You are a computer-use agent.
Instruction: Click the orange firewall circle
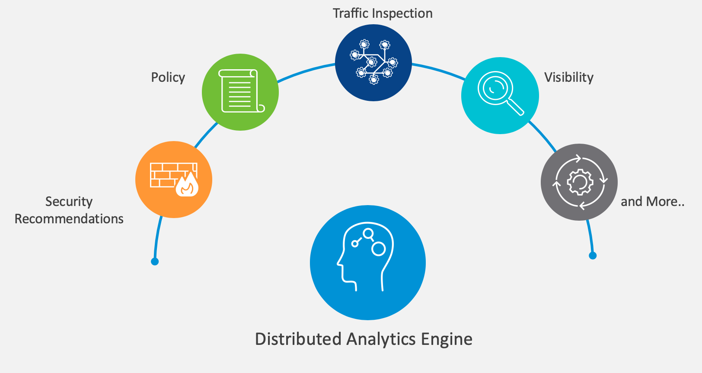[174, 180]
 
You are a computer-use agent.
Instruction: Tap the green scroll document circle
[240, 92]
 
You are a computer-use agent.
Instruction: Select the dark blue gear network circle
[373, 63]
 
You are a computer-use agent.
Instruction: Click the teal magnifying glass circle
[500, 96]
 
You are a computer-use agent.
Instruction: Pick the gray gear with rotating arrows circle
[579, 182]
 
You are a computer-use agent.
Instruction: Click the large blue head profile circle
[368, 263]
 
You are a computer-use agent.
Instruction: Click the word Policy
[168, 77]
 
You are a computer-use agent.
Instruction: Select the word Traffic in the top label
[350, 13]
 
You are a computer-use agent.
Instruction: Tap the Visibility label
[568, 77]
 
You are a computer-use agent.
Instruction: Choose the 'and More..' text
[652, 202]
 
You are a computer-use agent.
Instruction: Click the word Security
[69, 202]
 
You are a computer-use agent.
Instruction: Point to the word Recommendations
[69, 219]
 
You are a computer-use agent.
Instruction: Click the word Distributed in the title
[298, 339]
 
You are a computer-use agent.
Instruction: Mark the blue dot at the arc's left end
[155, 261]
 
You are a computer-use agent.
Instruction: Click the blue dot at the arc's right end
[593, 256]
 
